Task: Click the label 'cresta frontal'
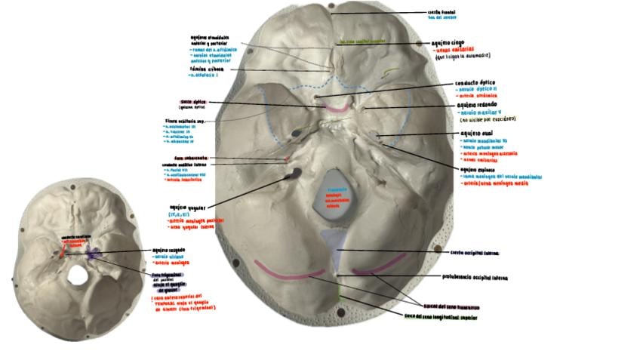pos(442,11)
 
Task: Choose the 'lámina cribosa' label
pos(204,68)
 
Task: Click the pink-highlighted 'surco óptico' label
pos(194,102)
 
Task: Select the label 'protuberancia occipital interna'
pos(475,278)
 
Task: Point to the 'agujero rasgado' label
pos(168,250)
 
